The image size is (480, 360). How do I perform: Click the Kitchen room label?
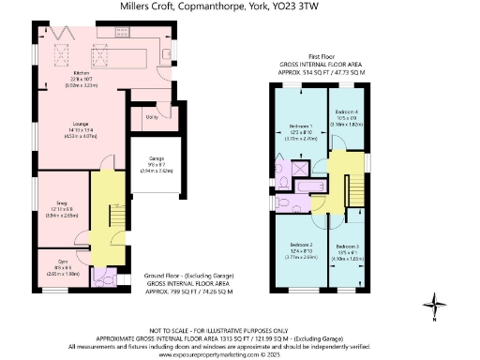point(82,71)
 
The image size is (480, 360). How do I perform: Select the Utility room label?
point(151,117)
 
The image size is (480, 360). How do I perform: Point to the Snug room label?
point(61,204)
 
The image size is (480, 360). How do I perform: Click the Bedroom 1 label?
point(301,127)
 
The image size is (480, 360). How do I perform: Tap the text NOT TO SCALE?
point(181,331)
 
